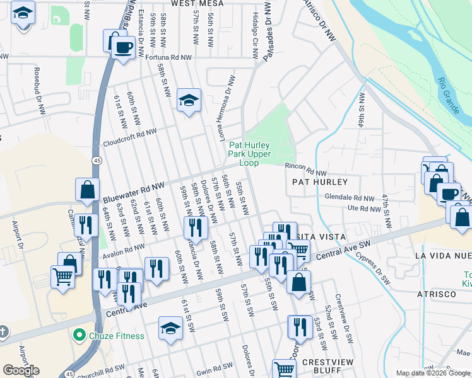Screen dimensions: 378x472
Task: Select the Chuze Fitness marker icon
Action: [x=79, y=335]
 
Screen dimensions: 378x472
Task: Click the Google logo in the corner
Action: [x=21, y=370]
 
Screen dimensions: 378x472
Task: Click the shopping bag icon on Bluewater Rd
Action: [x=87, y=189]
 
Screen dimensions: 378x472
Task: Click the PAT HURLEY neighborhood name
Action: [x=320, y=181]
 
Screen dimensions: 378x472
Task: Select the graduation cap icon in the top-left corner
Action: [x=23, y=13]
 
